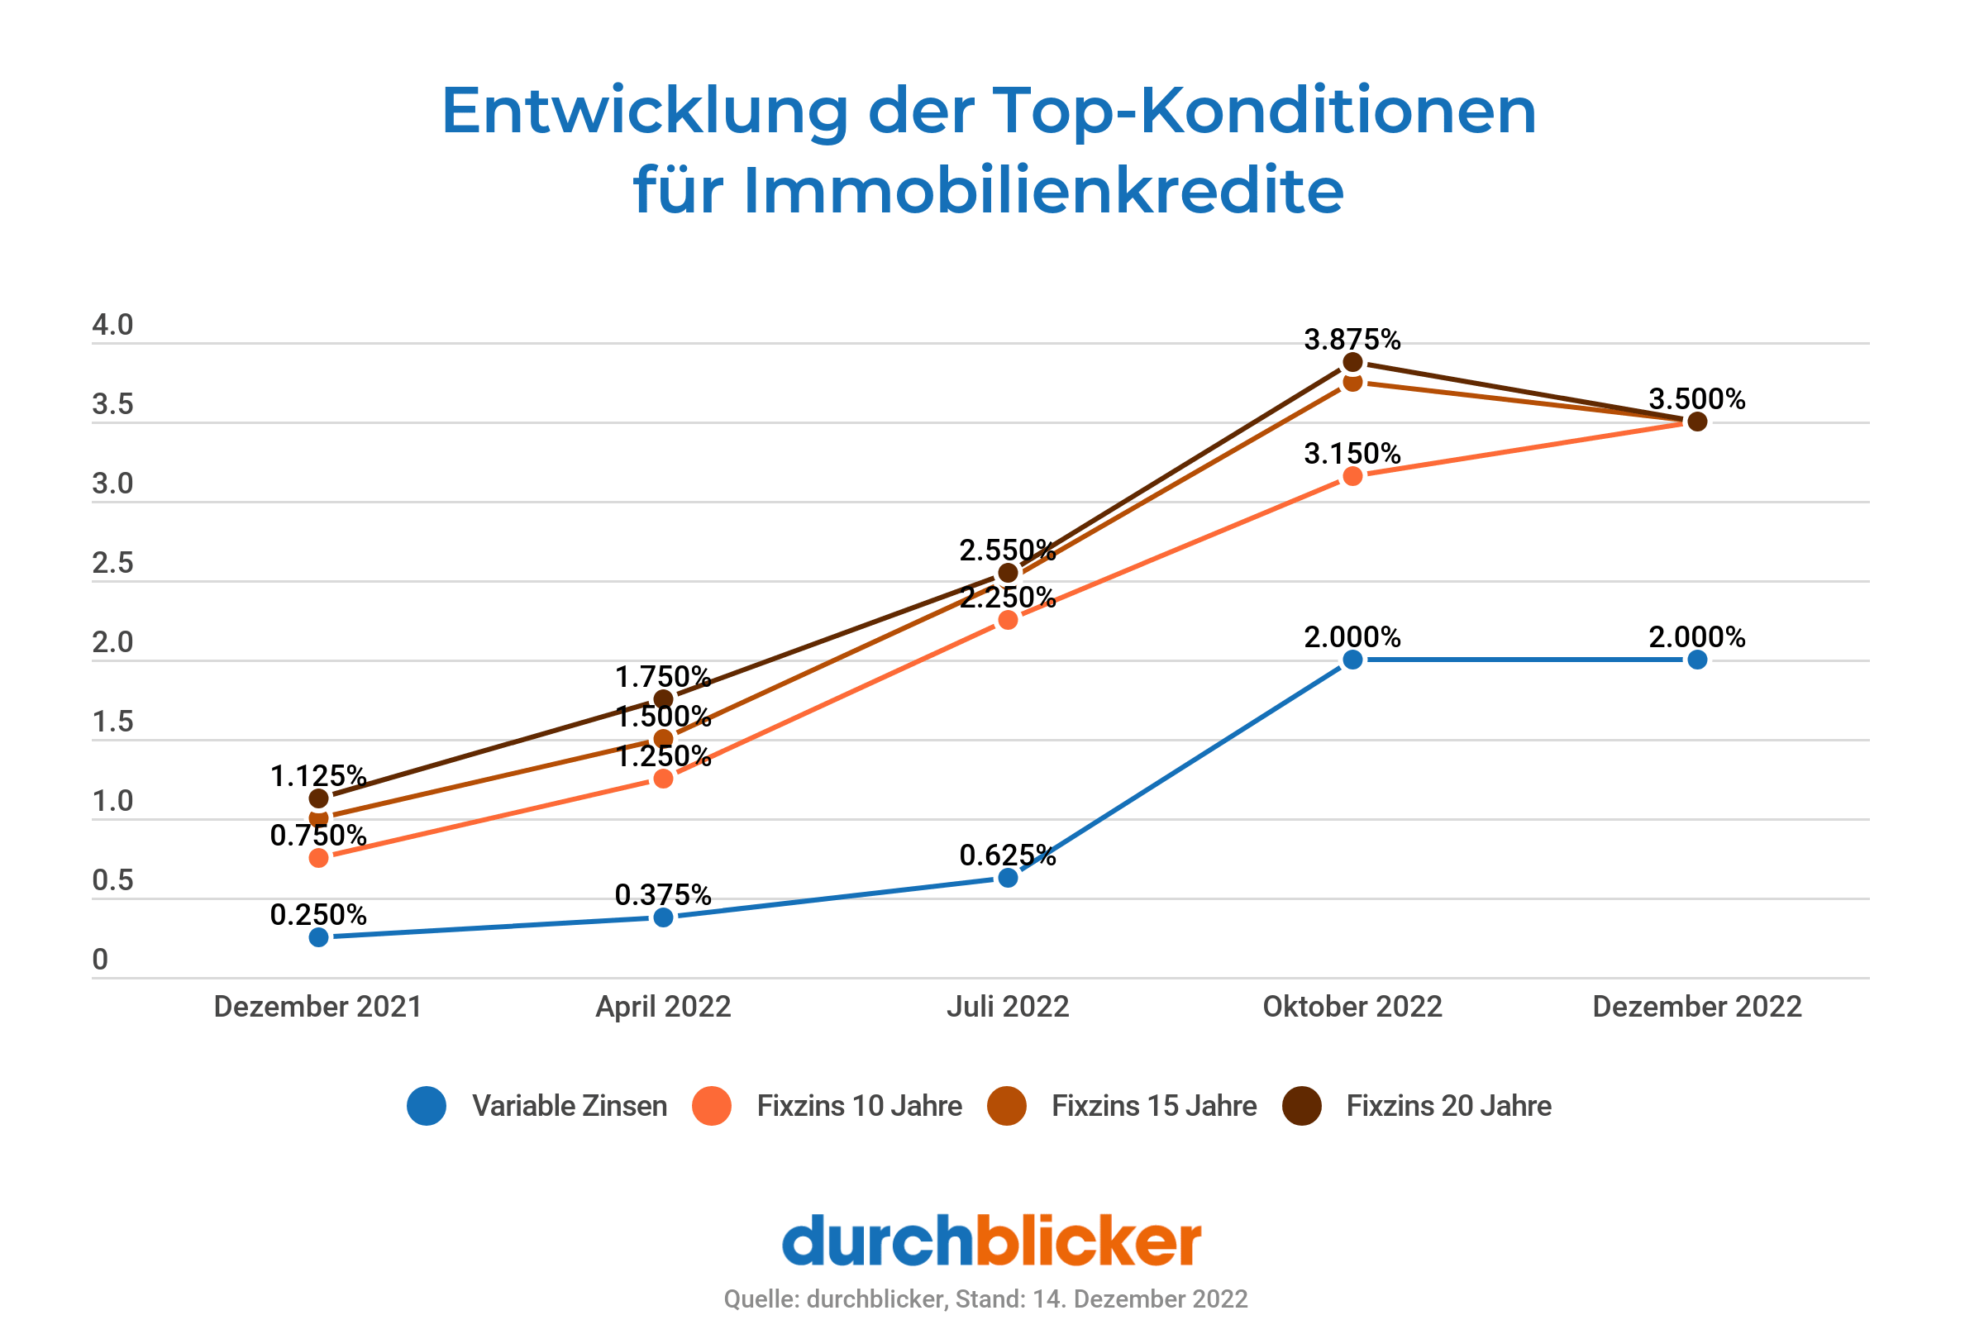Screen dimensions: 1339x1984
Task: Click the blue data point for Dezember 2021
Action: tap(318, 937)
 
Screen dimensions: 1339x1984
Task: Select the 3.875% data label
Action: tap(1352, 340)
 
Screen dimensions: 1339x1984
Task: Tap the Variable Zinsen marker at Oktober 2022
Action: tap(1352, 659)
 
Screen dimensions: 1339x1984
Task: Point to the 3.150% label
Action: tap(1352, 453)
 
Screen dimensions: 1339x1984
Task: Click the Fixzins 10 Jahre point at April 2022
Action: tap(663, 779)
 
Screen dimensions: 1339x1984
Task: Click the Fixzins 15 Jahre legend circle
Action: tap(1007, 1106)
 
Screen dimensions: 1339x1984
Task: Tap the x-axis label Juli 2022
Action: tap(1008, 1007)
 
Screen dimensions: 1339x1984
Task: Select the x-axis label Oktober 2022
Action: tap(1352, 1007)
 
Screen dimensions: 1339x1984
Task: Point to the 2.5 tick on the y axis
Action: tap(112, 563)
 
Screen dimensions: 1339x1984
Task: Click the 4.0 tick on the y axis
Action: tap(112, 325)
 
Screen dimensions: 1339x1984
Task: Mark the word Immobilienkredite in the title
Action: tap(1042, 190)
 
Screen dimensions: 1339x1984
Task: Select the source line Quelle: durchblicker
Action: tap(985, 1298)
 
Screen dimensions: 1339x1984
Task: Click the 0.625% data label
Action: tap(1008, 855)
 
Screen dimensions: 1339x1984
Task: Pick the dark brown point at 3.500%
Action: tap(1697, 422)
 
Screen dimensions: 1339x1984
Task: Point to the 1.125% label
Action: tap(318, 776)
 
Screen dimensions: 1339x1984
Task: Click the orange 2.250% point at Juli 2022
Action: tap(1008, 620)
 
